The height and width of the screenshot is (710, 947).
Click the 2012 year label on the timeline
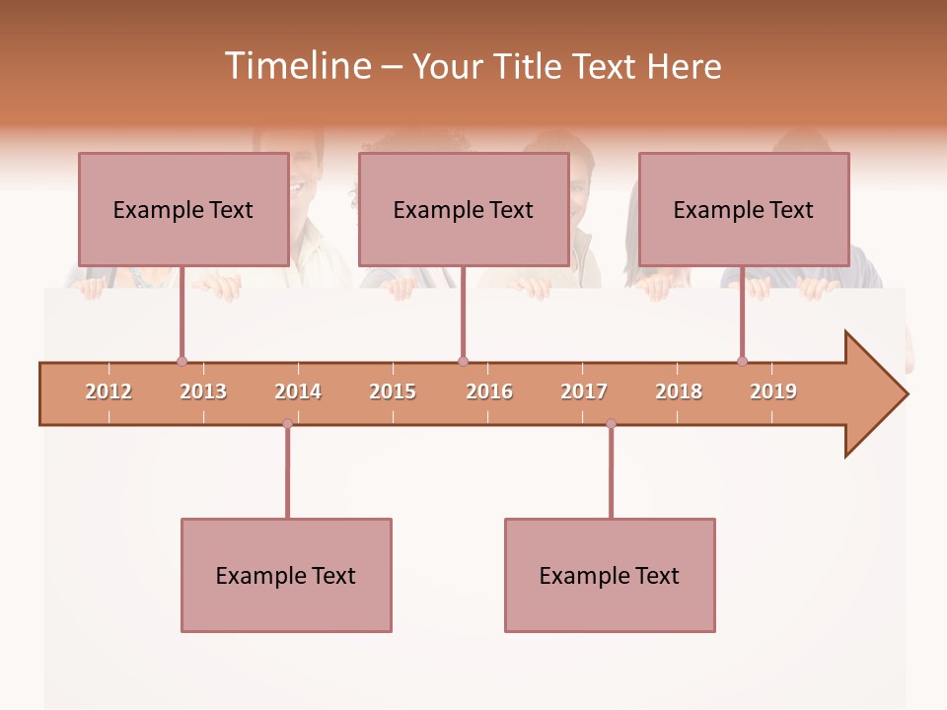tap(109, 391)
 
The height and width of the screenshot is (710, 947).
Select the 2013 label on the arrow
tap(203, 391)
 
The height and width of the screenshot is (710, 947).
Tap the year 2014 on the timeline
tap(298, 391)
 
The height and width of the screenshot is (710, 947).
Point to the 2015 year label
tap(393, 391)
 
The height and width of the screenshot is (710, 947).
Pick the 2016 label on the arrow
tap(489, 391)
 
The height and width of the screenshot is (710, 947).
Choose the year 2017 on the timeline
tap(584, 391)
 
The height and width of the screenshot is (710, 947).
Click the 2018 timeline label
tap(679, 391)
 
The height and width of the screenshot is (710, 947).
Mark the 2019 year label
tap(773, 391)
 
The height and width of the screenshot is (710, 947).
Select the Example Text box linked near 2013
tap(183, 209)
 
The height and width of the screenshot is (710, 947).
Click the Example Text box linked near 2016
tap(464, 209)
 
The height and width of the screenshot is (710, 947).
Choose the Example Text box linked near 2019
tap(744, 209)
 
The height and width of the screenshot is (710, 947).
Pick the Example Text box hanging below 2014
tap(286, 575)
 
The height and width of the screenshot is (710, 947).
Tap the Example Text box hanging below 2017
tap(610, 575)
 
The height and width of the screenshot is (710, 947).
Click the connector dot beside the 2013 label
tap(182, 362)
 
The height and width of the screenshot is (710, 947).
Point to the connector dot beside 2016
tap(463, 362)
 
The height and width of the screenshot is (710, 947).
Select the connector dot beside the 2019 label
tap(742, 362)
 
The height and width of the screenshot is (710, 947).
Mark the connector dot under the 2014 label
tap(287, 424)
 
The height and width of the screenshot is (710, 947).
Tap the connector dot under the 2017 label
tap(611, 424)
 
